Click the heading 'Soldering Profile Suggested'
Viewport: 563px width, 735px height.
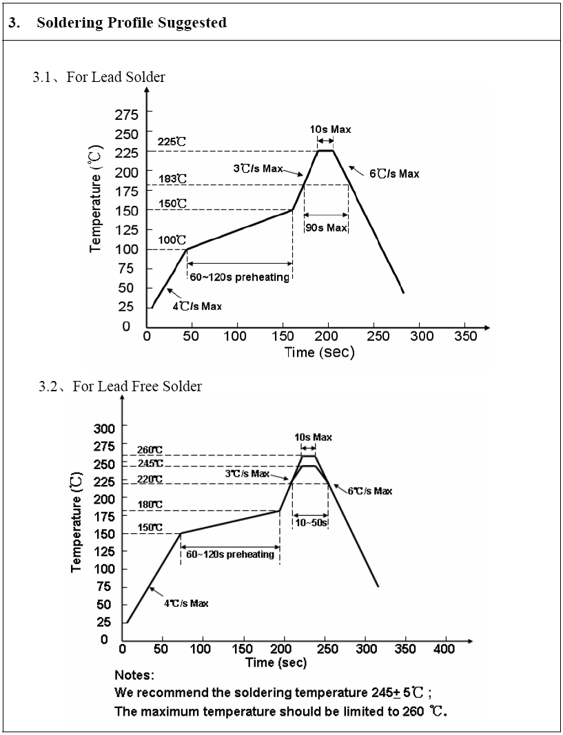coord(131,23)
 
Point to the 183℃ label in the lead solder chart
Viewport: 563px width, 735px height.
coord(172,179)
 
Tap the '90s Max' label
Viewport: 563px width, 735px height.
coord(326,228)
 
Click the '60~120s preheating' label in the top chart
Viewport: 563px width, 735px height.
coord(239,277)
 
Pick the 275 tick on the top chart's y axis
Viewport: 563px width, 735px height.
coord(126,114)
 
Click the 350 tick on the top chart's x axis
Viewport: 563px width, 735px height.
coord(466,336)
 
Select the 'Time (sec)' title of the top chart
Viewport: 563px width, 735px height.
coord(320,353)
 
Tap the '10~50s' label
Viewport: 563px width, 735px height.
coord(310,523)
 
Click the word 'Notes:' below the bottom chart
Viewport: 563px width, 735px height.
coord(134,675)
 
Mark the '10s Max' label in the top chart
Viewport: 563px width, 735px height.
coord(331,130)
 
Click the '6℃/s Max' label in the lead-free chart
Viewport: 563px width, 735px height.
coord(369,491)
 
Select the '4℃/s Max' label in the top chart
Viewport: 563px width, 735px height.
coord(197,306)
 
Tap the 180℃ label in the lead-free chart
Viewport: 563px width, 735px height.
coord(150,506)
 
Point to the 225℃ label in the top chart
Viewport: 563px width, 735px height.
coord(172,142)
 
